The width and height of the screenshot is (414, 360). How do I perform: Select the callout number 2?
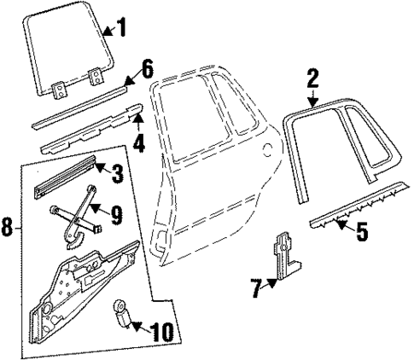click(312, 81)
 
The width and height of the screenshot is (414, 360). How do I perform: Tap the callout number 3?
click(117, 175)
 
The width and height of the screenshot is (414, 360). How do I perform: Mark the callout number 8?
click(8, 229)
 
